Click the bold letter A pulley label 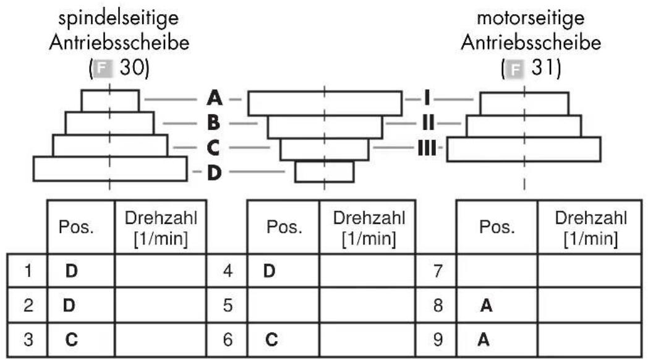click(x=215, y=98)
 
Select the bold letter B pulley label click(x=213, y=122)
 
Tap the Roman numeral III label click(x=427, y=148)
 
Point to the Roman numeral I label click(x=427, y=98)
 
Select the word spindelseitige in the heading click(x=119, y=19)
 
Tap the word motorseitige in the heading click(x=531, y=18)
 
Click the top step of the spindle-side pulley click(x=110, y=101)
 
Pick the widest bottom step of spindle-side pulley click(x=110, y=169)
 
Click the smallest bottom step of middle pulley click(x=325, y=171)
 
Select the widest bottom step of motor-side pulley click(x=524, y=149)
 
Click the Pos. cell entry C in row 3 click(x=72, y=340)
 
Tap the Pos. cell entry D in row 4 click(x=269, y=271)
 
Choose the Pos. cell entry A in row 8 click(x=487, y=306)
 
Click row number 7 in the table click(x=438, y=271)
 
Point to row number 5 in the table click(x=228, y=306)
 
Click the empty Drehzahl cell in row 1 click(x=160, y=271)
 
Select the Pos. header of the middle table click(x=284, y=227)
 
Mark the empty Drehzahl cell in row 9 click(x=590, y=340)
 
